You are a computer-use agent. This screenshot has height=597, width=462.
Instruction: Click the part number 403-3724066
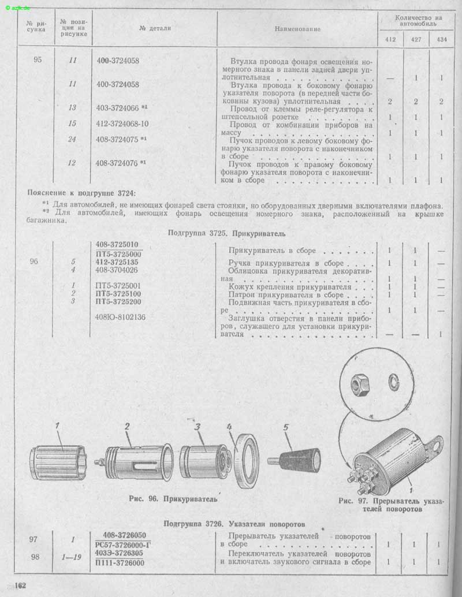pos(117,108)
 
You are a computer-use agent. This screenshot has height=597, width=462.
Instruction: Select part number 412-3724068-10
pos(122,124)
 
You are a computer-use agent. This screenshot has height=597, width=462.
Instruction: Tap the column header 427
pos(416,39)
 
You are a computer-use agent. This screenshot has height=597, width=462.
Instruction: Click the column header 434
pos(442,39)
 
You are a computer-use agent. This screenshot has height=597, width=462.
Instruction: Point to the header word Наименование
pos(297,29)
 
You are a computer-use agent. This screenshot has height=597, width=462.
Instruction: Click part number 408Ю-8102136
pos(120,317)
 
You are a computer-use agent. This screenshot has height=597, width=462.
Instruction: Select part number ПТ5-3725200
pos(118,301)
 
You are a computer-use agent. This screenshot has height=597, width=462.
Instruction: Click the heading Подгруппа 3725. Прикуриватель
pos(226,233)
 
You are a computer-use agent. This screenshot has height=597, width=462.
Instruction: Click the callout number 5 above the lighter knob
pos(286,428)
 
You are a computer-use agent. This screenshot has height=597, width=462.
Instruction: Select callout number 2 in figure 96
pos(127,427)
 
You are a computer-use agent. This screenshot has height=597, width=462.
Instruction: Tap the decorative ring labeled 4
pos(245,461)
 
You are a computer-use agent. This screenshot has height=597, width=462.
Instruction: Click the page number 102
pos(20,585)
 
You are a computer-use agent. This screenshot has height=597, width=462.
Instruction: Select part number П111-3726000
pos(120,563)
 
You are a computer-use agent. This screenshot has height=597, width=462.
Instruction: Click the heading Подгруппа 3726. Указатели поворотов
pos(234,524)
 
